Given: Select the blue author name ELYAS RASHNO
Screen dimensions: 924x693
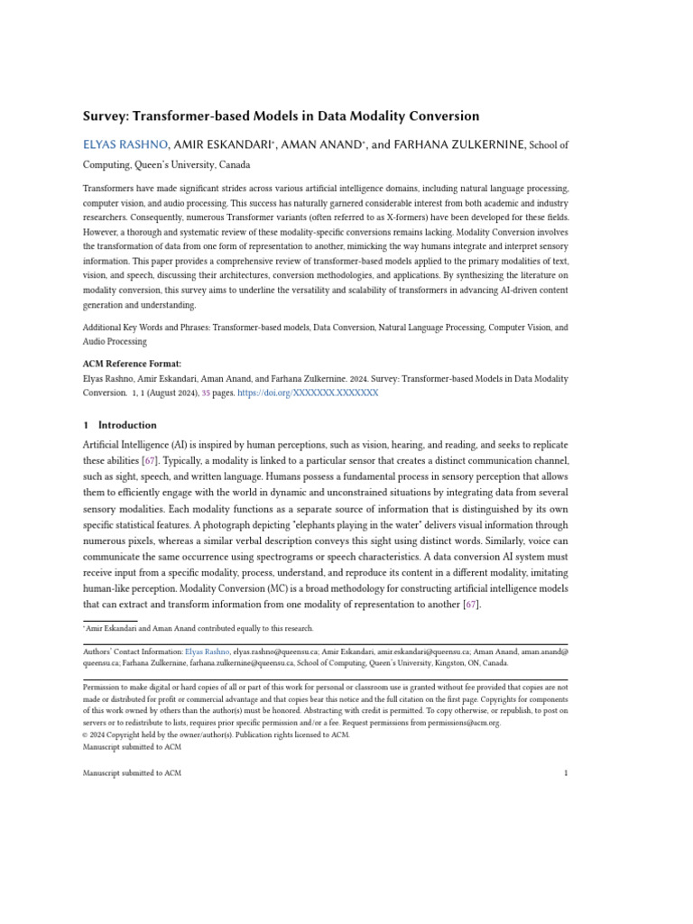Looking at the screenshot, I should point(112,144).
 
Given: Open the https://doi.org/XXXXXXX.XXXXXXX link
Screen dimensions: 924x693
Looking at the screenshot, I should point(308,393).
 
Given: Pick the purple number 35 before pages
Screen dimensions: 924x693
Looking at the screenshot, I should point(206,393).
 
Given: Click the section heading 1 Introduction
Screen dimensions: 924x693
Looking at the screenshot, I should point(120,425).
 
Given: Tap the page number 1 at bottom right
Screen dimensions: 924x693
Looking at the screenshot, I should point(565,773).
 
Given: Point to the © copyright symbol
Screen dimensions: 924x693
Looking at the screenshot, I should point(86,735).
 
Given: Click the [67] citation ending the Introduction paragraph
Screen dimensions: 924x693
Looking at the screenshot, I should point(470,605).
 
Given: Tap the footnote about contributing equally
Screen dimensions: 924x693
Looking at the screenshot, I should point(199,628).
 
